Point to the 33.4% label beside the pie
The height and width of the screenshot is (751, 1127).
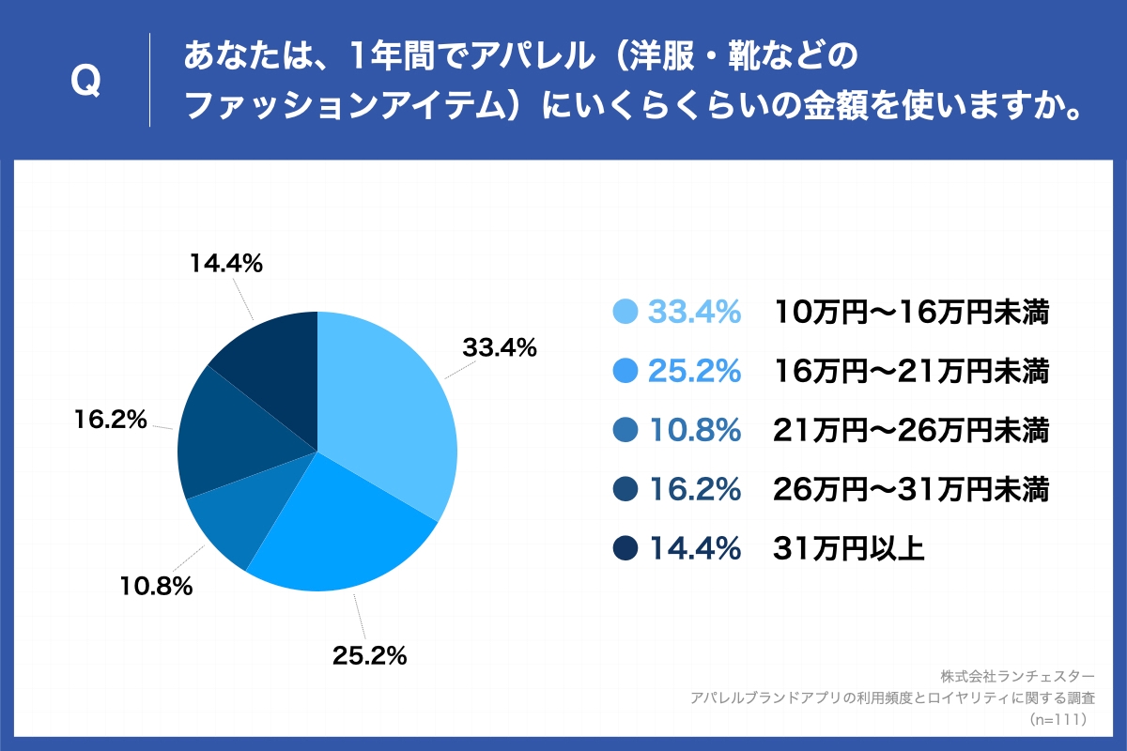point(499,348)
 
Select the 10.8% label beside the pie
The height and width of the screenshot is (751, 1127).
point(156,588)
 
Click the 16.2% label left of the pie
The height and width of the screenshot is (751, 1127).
point(111,420)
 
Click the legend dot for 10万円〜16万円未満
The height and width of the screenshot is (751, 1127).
point(625,312)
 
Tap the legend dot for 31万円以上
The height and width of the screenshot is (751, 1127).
point(625,548)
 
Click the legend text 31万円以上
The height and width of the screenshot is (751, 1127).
point(849,548)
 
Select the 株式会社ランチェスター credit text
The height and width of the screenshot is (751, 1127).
point(1016,676)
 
